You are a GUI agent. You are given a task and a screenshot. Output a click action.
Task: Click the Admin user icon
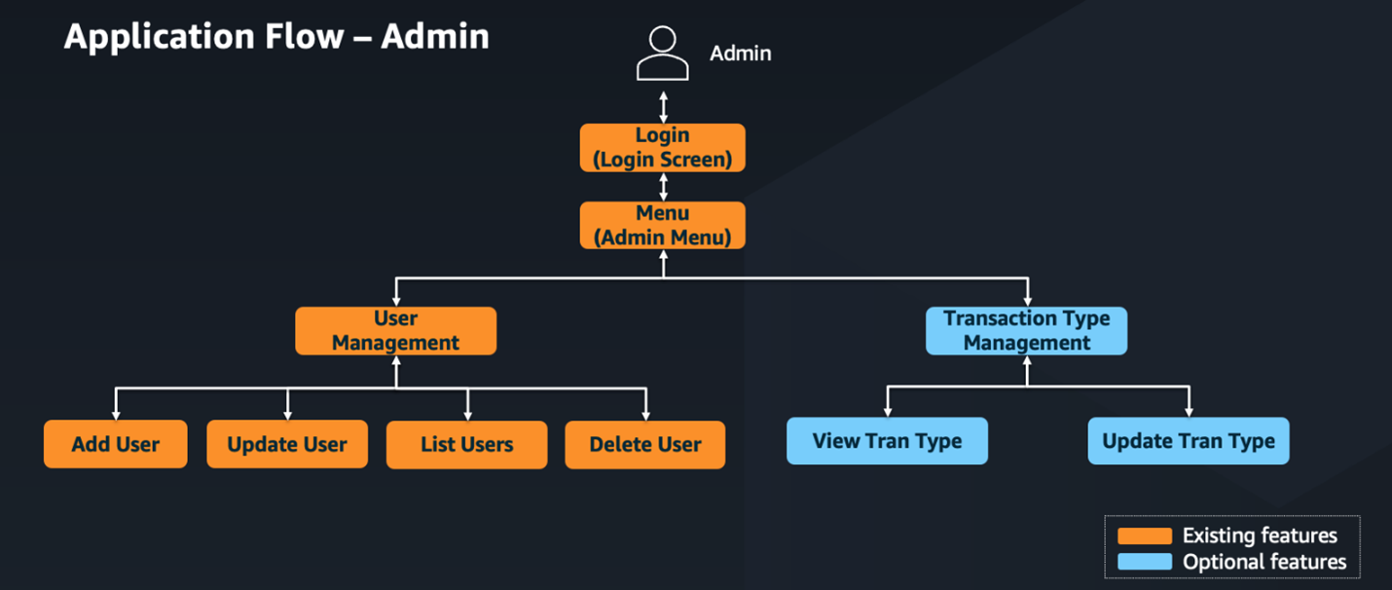click(662, 54)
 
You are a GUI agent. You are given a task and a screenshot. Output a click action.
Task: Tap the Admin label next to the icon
click(740, 54)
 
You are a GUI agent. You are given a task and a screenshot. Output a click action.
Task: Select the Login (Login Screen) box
click(662, 148)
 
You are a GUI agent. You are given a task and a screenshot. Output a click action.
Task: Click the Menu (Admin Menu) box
click(662, 225)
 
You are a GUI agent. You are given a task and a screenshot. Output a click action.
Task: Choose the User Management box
click(395, 331)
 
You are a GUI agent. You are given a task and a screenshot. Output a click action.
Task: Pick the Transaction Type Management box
click(1026, 331)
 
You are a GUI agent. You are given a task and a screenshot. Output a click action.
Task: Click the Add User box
click(115, 445)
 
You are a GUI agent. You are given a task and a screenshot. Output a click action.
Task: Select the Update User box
click(287, 445)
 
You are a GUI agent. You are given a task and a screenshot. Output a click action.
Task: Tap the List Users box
click(466, 445)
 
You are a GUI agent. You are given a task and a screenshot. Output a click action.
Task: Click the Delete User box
click(644, 445)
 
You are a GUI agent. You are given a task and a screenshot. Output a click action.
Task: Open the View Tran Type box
click(887, 441)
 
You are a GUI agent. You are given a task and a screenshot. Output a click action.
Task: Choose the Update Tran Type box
click(1188, 441)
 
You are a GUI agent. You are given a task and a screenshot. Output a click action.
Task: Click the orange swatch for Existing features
click(1144, 536)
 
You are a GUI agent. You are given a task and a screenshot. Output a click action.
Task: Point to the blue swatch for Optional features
click(1144, 562)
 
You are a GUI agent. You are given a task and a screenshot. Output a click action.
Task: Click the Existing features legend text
click(1260, 535)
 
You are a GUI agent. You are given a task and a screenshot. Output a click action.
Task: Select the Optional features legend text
click(1264, 562)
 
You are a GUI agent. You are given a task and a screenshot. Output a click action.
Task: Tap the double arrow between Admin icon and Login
click(663, 106)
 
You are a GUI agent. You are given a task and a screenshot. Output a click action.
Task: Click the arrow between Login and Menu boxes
click(663, 187)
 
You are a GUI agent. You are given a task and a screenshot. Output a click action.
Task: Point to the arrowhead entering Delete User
click(644, 415)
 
